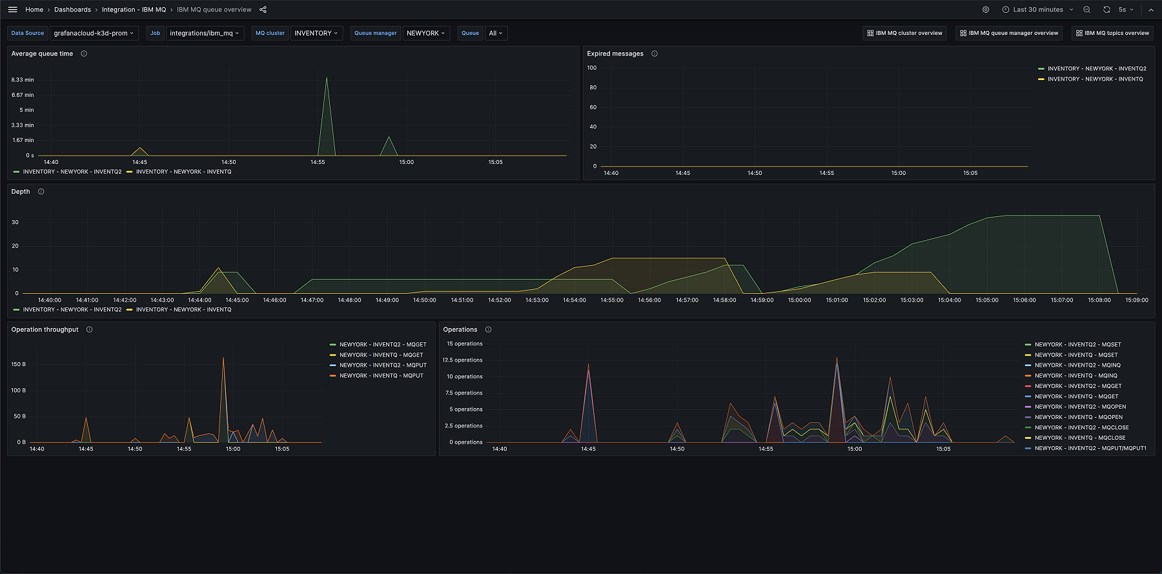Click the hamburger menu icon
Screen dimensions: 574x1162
[x=13, y=10]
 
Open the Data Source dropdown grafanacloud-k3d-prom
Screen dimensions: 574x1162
[x=94, y=33]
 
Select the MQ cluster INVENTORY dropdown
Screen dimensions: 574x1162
[x=316, y=33]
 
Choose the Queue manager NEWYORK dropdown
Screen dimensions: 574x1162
[x=425, y=33]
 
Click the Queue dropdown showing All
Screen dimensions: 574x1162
[x=495, y=33]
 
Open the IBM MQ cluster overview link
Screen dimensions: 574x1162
[x=904, y=33]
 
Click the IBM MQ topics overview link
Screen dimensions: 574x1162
[x=1112, y=33]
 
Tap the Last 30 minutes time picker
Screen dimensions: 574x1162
[x=1037, y=10]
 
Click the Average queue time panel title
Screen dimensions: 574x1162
[x=42, y=54]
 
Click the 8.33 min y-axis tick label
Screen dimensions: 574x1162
[x=23, y=80]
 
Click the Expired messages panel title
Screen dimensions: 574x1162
[x=615, y=54]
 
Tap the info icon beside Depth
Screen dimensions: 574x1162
[x=41, y=192]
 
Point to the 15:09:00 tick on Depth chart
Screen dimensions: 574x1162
[x=1136, y=300]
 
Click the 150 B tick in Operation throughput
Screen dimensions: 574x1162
[x=19, y=364]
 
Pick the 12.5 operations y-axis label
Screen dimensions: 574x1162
[x=462, y=360]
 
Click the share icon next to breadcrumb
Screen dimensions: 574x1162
[x=263, y=10]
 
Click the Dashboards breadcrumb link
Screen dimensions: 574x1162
[x=72, y=10]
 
